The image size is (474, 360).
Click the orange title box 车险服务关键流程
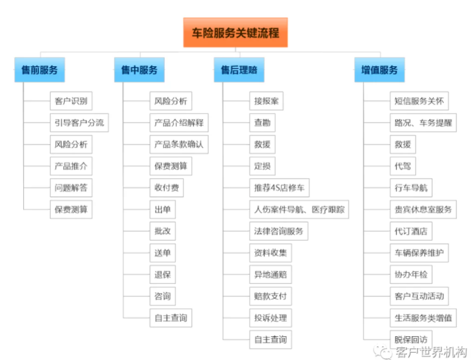[x=235, y=32]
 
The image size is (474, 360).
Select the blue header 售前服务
[x=40, y=70]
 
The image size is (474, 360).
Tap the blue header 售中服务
[x=139, y=70]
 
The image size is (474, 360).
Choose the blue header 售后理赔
[x=239, y=70]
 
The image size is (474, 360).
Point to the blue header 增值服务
[x=379, y=70]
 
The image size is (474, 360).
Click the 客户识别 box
[x=71, y=101]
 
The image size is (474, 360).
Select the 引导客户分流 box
[x=79, y=123]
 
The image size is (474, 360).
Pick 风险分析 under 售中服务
[x=171, y=101]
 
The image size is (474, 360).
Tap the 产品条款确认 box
[x=179, y=145]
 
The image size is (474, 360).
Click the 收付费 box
[x=167, y=188]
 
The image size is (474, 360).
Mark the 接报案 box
[x=266, y=101]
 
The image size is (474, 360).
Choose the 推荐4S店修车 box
[x=280, y=188]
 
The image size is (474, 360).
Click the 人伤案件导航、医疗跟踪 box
[x=299, y=209]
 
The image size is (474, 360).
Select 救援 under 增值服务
[x=403, y=145]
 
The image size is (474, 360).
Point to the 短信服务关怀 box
[x=419, y=101]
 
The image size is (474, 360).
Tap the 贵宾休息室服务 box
[x=423, y=209]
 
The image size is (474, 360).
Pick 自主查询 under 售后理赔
[x=270, y=339]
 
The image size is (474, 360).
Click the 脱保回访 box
[x=411, y=339]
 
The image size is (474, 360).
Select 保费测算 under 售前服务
[x=71, y=209]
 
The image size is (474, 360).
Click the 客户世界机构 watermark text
[x=432, y=352]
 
